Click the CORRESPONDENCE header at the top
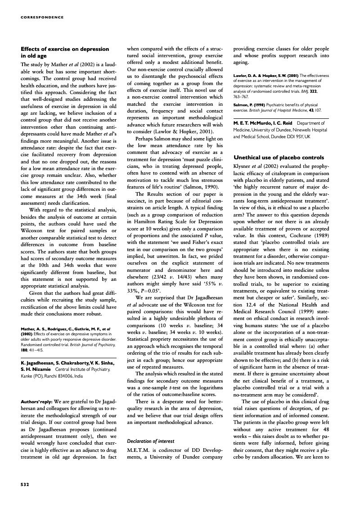tap(42, 18)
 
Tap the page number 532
tap(25, 485)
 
